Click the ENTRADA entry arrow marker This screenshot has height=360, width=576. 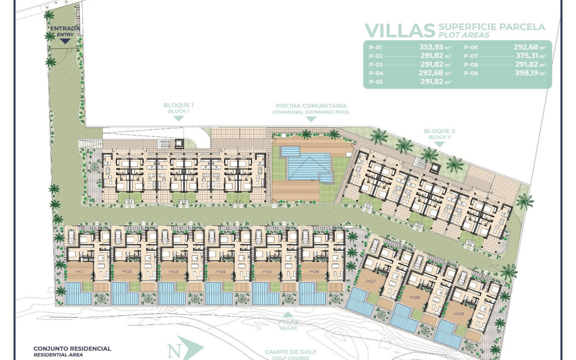[65, 41]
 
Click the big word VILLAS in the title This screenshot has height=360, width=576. [400, 30]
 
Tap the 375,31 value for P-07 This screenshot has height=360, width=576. [527, 56]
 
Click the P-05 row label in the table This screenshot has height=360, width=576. [376, 82]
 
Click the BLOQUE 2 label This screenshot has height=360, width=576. [439, 131]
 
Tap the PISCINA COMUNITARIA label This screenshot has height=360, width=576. [311, 106]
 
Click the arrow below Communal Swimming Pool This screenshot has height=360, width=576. [311, 119]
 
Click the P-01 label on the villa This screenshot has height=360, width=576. [80, 271]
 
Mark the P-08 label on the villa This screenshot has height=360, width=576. [415, 298]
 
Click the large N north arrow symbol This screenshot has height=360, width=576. [185, 349]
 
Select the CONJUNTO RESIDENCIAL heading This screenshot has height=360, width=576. [72, 349]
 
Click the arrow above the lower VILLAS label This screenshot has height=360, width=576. [288, 314]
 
